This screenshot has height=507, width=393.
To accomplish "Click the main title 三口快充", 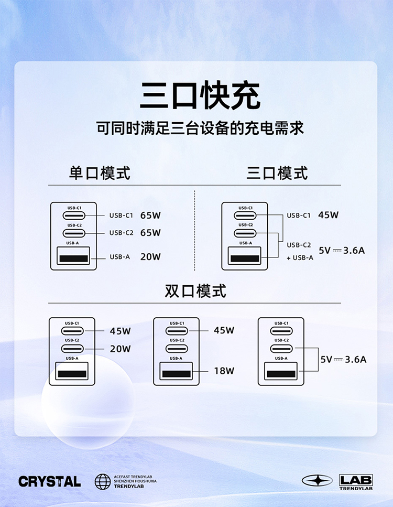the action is point(200,95).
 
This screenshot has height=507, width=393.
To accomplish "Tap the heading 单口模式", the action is point(100,173).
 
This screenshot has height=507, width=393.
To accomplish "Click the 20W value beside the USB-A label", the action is point(150,257).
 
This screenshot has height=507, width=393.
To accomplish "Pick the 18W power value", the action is point(224,371).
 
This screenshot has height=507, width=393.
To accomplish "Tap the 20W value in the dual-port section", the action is point(120,349).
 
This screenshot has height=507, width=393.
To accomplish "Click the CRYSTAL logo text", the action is point(50,481).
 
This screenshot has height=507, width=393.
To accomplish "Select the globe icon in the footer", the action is point(103,481).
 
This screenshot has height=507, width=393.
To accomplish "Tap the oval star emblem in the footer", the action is point(317,481).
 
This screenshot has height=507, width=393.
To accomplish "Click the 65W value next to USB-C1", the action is point(150,215).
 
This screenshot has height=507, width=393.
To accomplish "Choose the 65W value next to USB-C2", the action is point(150,233).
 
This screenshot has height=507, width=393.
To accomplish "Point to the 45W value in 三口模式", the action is point(329,215).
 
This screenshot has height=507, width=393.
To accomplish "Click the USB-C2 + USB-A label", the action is point(299,251).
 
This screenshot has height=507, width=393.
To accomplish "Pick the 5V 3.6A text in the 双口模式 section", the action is point(343,360).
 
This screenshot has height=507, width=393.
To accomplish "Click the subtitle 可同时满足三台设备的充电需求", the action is point(200,128).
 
